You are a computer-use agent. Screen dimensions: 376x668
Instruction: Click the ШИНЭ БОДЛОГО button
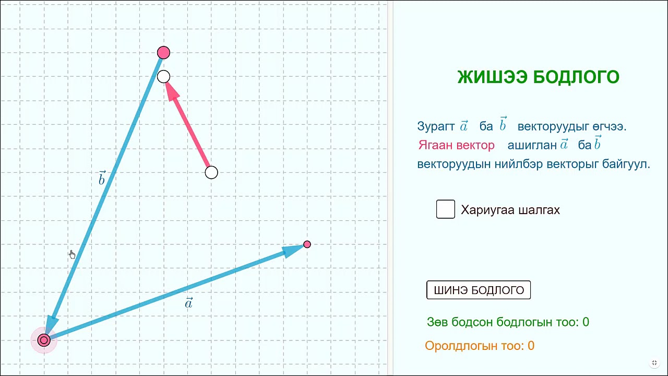click(479, 290)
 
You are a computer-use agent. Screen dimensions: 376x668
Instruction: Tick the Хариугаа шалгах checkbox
click(446, 209)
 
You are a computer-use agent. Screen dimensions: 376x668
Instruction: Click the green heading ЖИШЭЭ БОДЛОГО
click(538, 77)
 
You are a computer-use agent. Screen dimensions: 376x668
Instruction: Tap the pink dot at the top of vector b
click(163, 53)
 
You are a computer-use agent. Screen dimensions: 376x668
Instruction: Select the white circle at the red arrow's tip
click(163, 77)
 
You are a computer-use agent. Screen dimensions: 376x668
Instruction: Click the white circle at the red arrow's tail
click(211, 172)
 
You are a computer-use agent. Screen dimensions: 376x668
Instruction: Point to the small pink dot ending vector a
click(307, 244)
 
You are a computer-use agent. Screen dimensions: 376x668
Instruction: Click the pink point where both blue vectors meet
click(44, 340)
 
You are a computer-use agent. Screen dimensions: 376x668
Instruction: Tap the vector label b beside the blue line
click(102, 179)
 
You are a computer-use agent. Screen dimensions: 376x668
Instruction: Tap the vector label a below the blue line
click(189, 303)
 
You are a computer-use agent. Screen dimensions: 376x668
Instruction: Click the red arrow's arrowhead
click(171, 90)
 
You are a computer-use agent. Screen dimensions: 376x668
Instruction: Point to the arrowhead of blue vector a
click(292, 250)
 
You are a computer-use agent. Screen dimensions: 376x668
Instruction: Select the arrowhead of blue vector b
click(51, 323)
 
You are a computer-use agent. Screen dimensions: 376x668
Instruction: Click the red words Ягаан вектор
click(456, 145)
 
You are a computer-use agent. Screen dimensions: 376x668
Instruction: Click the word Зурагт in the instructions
click(436, 126)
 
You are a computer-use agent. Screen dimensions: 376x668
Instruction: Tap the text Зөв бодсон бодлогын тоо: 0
click(508, 322)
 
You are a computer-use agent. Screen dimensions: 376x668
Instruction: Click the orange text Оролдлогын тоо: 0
click(480, 346)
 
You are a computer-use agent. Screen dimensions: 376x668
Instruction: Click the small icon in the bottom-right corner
click(654, 363)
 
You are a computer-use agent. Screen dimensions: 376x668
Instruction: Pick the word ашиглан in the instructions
click(532, 145)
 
